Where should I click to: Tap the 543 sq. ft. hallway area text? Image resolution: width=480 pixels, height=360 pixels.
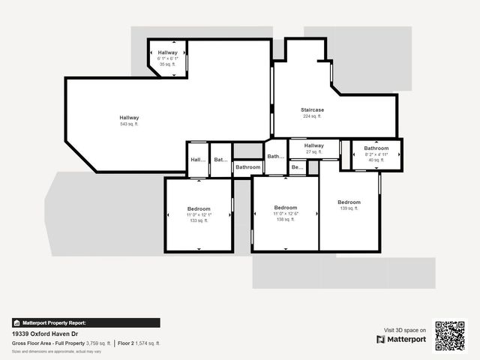coord(129,124)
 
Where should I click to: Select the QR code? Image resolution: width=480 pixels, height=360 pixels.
coord(450,335)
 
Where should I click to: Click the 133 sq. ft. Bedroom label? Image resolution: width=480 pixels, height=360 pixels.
coord(199,208)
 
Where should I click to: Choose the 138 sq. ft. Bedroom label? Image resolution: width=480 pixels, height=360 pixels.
coord(286,208)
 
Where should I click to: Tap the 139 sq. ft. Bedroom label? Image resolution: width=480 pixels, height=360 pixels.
coord(349,202)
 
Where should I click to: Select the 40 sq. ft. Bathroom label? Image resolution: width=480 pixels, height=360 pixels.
coord(376,148)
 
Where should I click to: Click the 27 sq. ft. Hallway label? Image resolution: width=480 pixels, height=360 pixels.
coord(314,145)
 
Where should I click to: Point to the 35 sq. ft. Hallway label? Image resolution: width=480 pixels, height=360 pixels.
coord(167,52)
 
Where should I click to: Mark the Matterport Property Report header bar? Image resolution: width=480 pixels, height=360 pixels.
coord(86,322)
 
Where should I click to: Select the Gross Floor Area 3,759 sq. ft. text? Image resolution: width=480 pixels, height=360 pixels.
coord(61,343)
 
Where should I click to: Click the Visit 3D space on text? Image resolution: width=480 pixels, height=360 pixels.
coord(405,330)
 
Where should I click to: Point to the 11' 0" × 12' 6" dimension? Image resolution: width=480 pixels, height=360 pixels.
coord(286,214)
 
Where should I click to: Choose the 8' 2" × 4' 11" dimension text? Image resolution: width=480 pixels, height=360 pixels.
coord(376,154)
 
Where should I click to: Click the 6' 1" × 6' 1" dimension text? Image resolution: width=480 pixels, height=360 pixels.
coord(167,58)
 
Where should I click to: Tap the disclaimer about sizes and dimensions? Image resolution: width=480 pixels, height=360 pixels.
coord(57,351)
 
